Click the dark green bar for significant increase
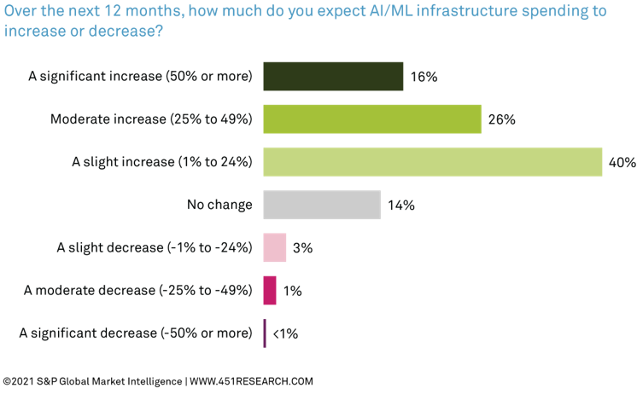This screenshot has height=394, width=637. (x=333, y=76)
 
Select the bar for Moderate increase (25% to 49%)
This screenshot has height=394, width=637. (x=372, y=119)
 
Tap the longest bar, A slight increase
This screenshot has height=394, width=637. (x=432, y=162)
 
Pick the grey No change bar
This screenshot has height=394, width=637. (x=322, y=205)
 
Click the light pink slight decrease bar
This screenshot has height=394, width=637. (x=274, y=247)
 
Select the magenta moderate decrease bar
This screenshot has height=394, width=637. (x=270, y=290)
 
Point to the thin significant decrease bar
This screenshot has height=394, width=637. (x=265, y=333)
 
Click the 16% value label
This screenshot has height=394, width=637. (x=423, y=77)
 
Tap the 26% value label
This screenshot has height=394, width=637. (x=501, y=119)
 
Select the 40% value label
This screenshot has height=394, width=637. (x=622, y=162)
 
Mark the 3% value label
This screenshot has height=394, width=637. (x=302, y=248)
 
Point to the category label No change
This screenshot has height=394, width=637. (x=219, y=205)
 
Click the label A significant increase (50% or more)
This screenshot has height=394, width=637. (x=140, y=76)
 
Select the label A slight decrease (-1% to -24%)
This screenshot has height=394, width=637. (x=155, y=247)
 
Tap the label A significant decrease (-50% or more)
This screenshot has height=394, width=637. (x=136, y=333)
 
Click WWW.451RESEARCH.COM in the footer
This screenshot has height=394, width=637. (x=251, y=381)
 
